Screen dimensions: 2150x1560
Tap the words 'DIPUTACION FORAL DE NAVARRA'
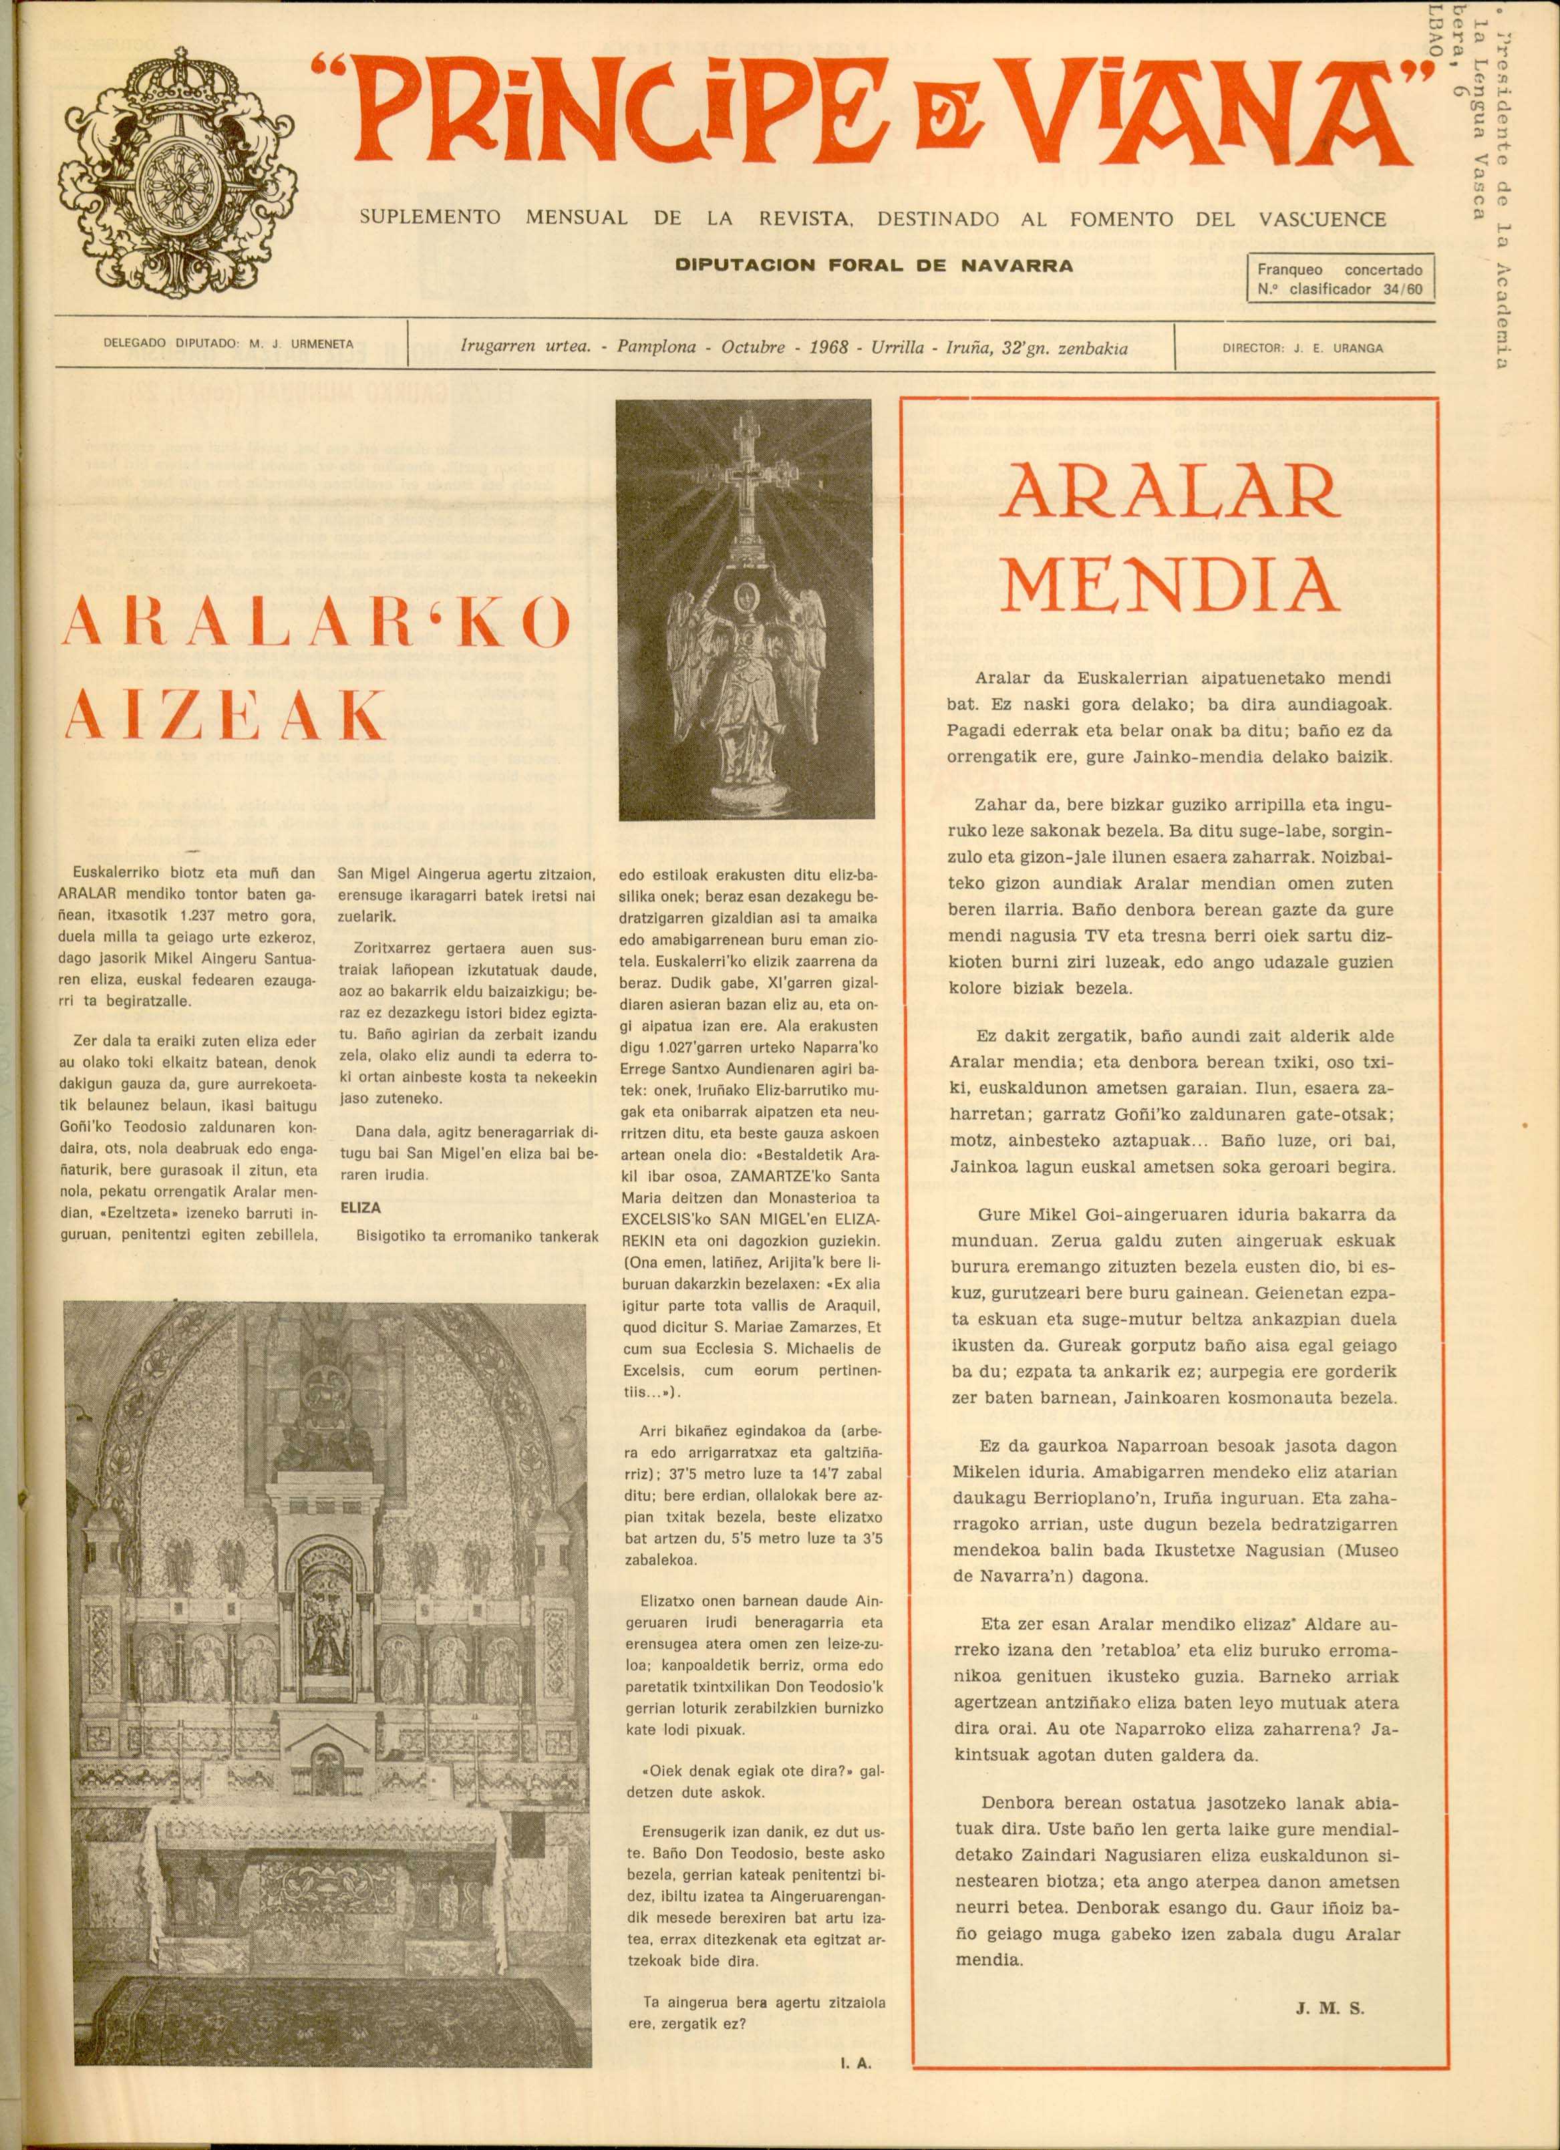(874, 267)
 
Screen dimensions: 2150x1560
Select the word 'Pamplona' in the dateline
(654, 348)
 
